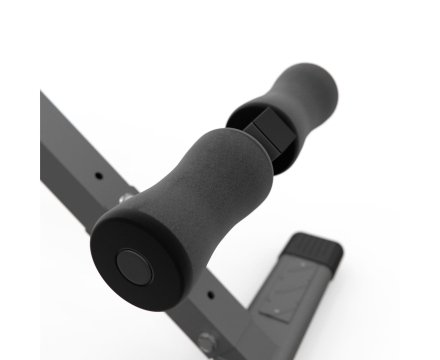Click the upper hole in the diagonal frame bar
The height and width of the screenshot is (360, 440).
click(x=98, y=176)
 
